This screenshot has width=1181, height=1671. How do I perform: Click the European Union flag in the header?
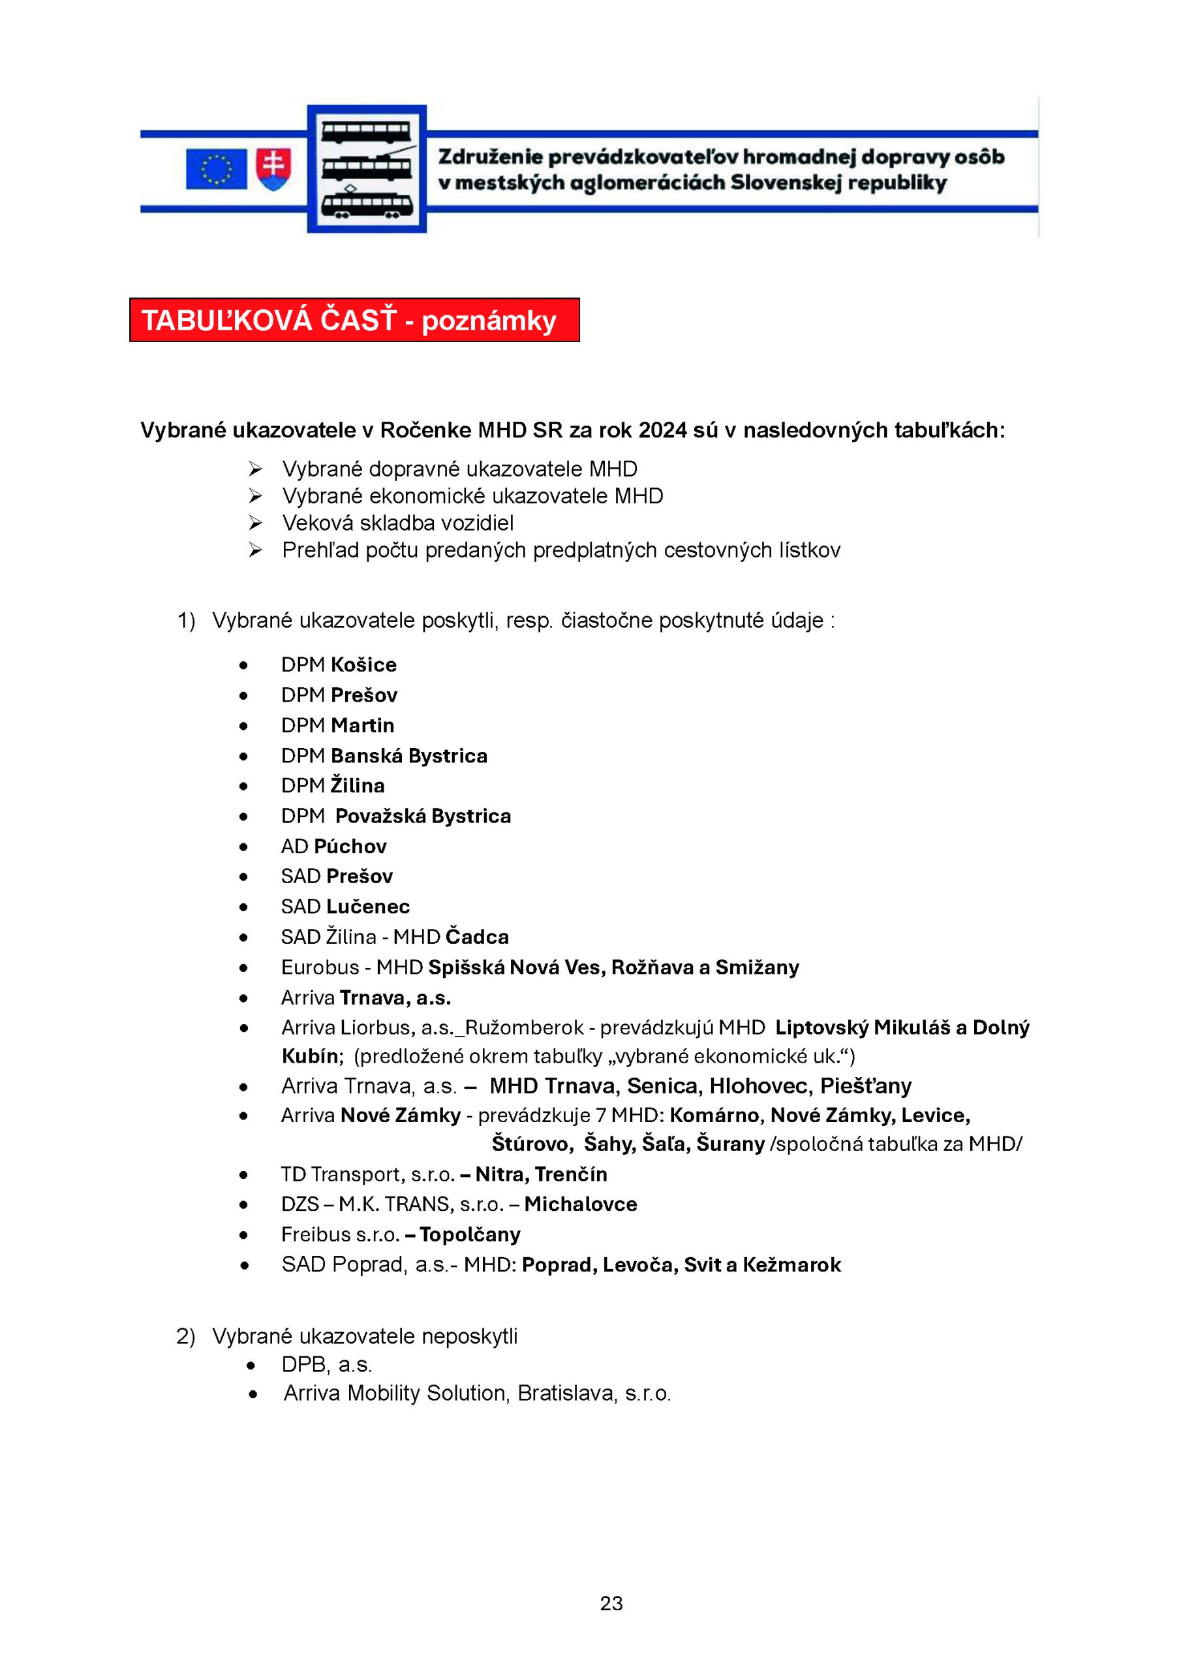[x=216, y=169]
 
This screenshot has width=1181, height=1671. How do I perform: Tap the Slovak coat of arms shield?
[x=273, y=169]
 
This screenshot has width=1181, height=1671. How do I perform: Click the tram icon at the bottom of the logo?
[x=367, y=203]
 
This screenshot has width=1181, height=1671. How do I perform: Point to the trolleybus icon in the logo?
[x=367, y=166]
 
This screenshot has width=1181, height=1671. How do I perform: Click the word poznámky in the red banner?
[x=489, y=320]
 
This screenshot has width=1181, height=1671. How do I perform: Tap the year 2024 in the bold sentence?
[x=662, y=430]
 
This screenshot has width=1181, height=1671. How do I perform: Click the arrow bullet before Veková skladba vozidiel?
[x=254, y=523]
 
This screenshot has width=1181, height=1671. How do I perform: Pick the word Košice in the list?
[x=364, y=664]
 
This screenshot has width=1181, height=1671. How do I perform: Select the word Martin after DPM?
[x=362, y=725]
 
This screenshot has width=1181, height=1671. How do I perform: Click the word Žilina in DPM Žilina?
[x=358, y=785]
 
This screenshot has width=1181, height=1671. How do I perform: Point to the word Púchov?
[x=350, y=846]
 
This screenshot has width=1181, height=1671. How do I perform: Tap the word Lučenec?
[x=368, y=906]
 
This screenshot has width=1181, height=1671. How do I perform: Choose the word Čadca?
[x=478, y=937]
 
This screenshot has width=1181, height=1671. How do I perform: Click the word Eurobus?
[x=320, y=967]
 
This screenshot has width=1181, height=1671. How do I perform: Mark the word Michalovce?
[x=581, y=1204]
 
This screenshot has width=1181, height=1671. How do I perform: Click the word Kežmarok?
[x=791, y=1265]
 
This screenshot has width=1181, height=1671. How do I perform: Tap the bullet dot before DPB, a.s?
[x=252, y=1365]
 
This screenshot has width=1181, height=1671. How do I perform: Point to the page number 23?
[x=611, y=1603]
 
